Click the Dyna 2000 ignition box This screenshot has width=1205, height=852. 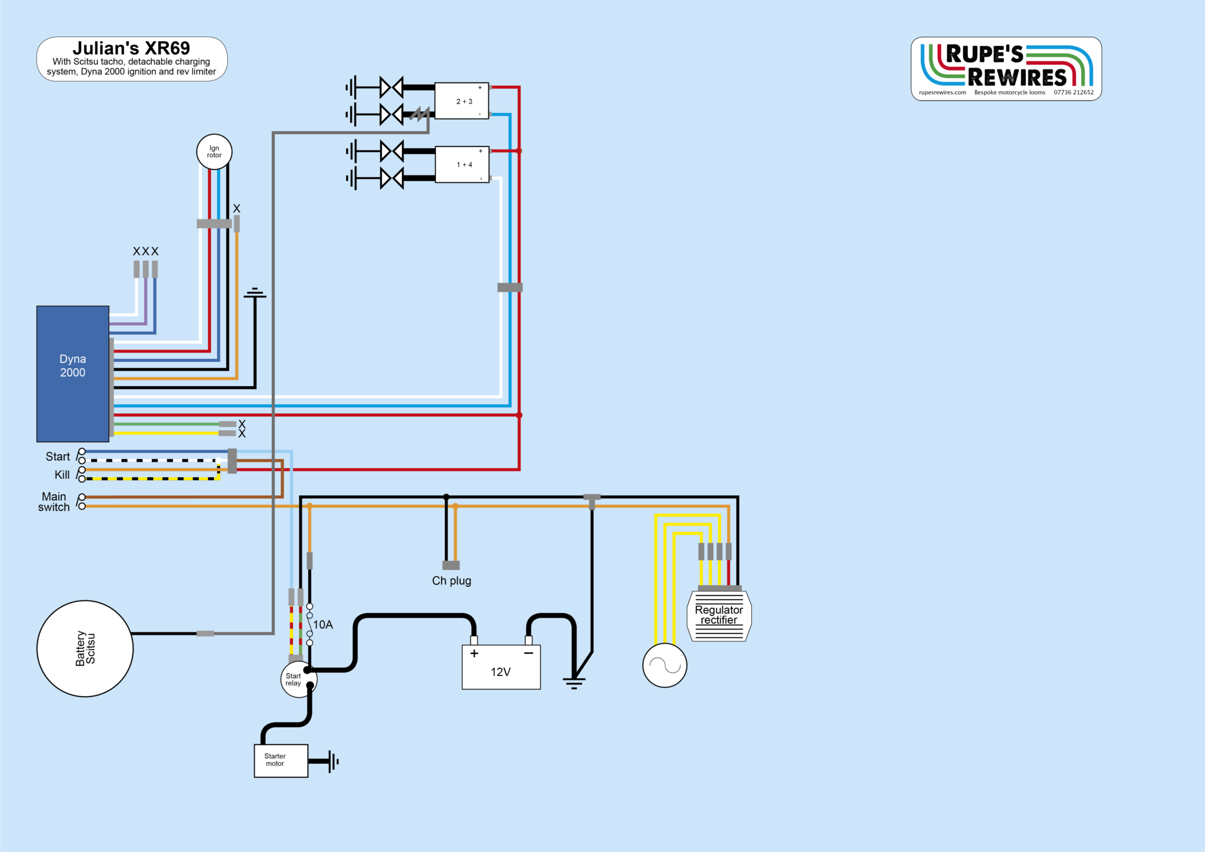tap(72, 373)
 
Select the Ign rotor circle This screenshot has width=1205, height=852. tap(214, 152)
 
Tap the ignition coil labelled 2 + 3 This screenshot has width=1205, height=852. tap(462, 101)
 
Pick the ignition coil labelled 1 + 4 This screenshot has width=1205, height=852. tap(462, 165)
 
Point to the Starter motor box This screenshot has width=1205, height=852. tap(281, 761)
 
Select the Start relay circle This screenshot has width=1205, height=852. tap(298, 680)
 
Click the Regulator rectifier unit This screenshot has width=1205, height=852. tap(719, 615)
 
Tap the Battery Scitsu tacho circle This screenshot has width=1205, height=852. tap(85, 648)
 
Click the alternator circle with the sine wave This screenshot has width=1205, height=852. tap(665, 665)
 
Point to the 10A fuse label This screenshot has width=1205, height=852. tap(323, 625)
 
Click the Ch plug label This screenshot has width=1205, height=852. tap(451, 581)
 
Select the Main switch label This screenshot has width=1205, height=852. tap(54, 502)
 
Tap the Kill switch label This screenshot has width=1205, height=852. tap(62, 475)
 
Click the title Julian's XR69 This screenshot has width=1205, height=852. tap(131, 48)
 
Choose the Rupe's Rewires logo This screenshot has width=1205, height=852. tap(1006, 66)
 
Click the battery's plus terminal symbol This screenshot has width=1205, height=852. tap(474, 653)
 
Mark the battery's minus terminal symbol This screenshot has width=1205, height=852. tap(528, 653)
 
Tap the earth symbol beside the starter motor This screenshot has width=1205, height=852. tap(334, 761)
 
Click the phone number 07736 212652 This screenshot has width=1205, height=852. tap(1073, 92)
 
